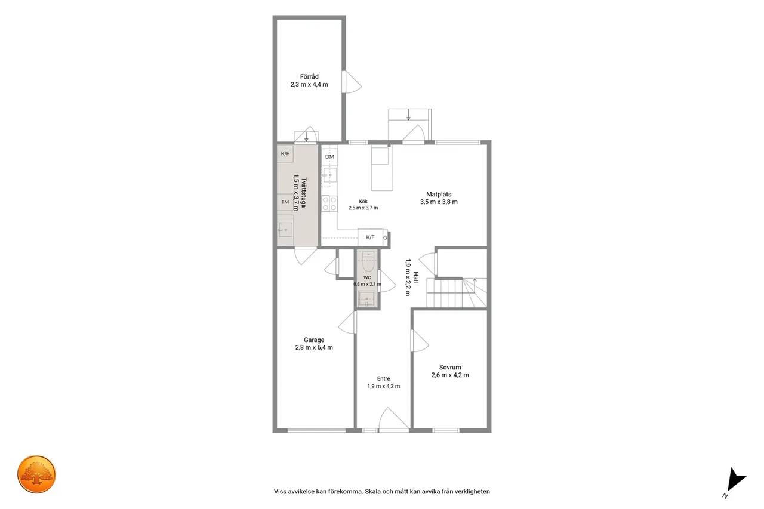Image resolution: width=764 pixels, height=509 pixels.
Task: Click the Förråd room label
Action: (309, 77)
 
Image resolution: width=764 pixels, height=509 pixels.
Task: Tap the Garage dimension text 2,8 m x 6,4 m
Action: (314, 347)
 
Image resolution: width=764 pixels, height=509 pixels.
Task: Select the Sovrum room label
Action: (450, 367)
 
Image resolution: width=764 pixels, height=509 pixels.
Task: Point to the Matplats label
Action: (439, 194)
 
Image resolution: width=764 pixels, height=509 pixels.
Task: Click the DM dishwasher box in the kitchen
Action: (329, 157)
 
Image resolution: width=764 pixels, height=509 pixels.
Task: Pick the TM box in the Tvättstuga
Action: (285, 202)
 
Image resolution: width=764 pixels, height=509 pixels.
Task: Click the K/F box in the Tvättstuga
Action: (285, 154)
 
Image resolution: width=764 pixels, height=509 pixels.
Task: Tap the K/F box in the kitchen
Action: (371, 237)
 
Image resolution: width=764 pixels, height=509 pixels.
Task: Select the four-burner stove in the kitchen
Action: (330, 203)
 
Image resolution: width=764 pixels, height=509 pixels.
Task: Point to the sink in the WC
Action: (367, 298)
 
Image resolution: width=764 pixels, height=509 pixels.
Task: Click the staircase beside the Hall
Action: (457, 292)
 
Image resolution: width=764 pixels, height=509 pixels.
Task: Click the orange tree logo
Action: (36, 474)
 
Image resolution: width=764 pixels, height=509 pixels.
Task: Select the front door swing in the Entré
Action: (393, 419)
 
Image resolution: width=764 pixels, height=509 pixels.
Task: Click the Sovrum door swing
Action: (420, 341)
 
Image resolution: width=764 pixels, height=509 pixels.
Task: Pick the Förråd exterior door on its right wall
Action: (352, 82)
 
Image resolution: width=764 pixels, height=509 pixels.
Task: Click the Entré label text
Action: (383, 378)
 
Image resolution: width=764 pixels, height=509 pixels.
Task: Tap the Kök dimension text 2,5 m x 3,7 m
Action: (363, 208)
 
